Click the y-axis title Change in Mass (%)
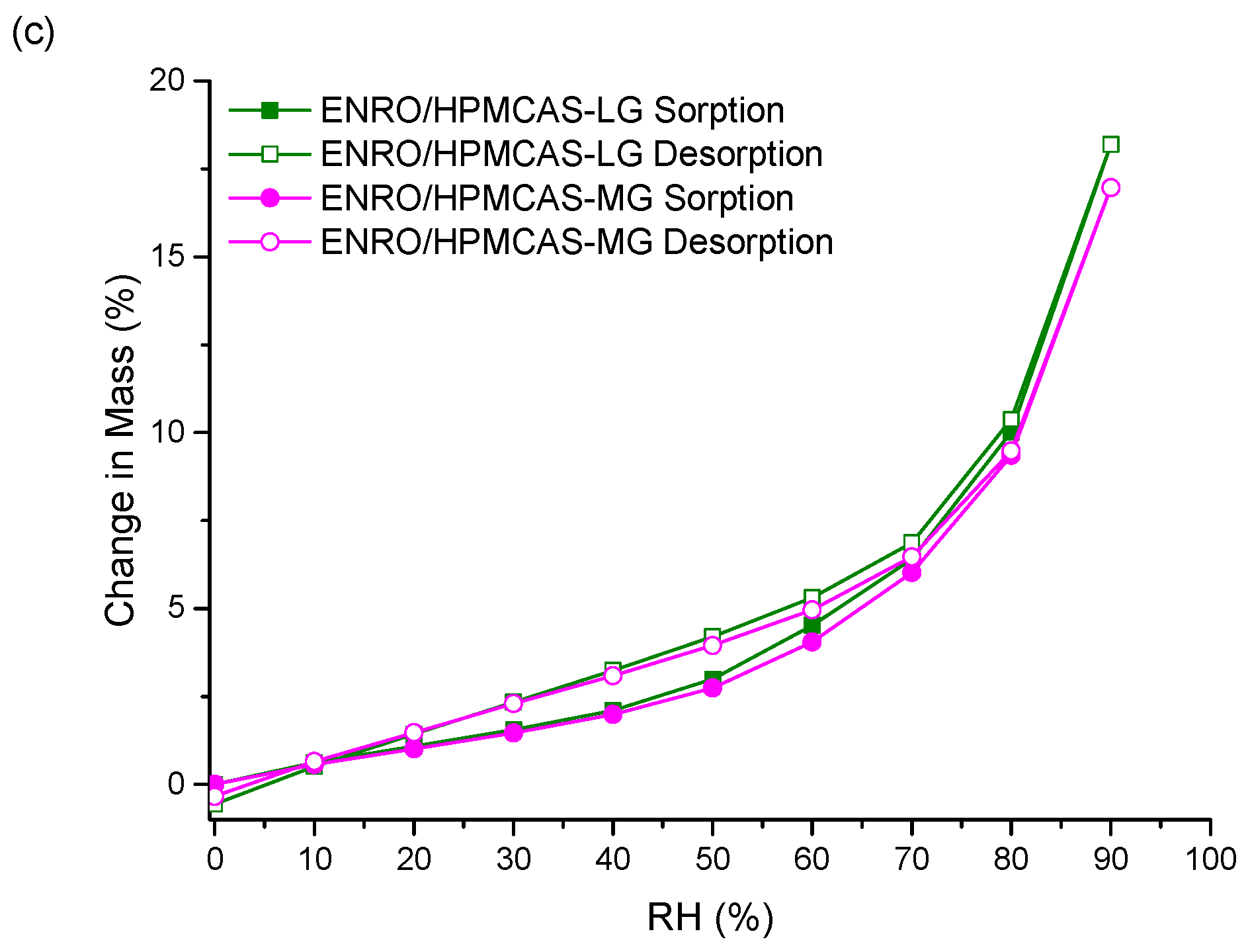121,450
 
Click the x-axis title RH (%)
710,918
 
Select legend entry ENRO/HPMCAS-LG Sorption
552,110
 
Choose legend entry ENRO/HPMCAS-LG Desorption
571,154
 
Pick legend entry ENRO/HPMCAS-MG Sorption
556,198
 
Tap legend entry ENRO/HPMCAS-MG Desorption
576,242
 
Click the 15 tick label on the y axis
166,257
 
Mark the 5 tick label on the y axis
176,608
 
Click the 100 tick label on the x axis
1210,859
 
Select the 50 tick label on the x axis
712,859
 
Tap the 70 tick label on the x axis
911,859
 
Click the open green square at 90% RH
1110,144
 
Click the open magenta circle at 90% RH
1110,188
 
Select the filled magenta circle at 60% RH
811,642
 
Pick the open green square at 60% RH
812,597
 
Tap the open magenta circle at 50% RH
712,645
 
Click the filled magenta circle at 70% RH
911,572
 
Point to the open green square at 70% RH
911,542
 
